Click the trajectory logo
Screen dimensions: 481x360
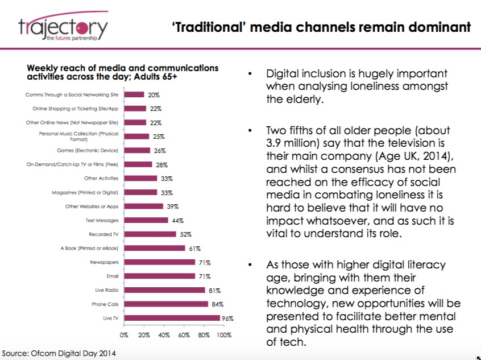point(64,27)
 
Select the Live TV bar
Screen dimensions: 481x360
point(172,318)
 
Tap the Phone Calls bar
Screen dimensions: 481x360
point(166,304)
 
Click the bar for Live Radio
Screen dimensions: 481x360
point(164,290)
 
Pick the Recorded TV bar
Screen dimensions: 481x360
point(150,234)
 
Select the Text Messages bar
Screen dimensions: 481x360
point(146,220)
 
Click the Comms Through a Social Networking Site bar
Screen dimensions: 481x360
point(134,94)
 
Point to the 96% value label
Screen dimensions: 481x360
point(227,318)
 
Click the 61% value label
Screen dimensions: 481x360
point(195,249)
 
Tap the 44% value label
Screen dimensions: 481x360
point(177,221)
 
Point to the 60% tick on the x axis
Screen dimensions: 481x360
point(184,335)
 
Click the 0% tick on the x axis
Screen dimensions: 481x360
point(124,335)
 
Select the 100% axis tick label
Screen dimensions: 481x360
point(224,335)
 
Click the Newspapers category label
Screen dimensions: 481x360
point(104,262)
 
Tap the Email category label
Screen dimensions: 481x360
point(112,276)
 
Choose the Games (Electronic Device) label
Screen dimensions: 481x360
point(88,150)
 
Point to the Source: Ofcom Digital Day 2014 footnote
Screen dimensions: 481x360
point(59,353)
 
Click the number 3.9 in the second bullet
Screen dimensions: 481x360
point(273,143)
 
